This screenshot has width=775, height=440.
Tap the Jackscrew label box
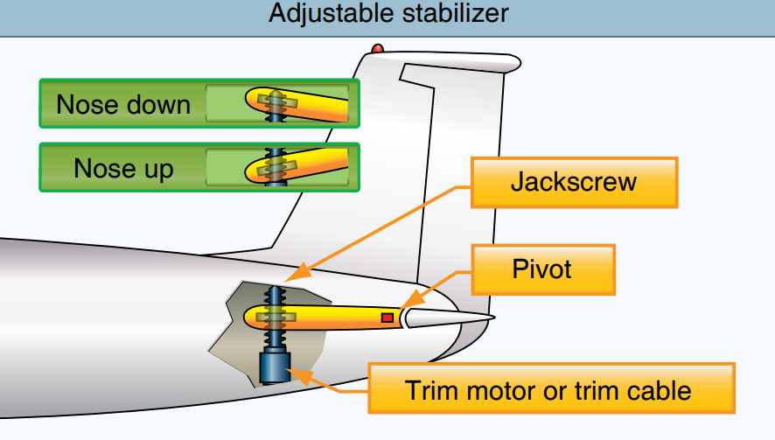click(574, 183)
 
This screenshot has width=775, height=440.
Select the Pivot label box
click(542, 269)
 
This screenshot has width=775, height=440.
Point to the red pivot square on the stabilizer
click(387, 318)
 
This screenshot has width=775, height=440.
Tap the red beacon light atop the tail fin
click(377, 48)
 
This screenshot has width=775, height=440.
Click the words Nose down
click(123, 104)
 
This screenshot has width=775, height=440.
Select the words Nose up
click(123, 167)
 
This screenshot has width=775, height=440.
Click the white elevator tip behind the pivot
click(446, 318)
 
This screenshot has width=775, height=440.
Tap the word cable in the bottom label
click(654, 389)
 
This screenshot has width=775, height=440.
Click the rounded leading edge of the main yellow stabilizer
click(248, 316)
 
